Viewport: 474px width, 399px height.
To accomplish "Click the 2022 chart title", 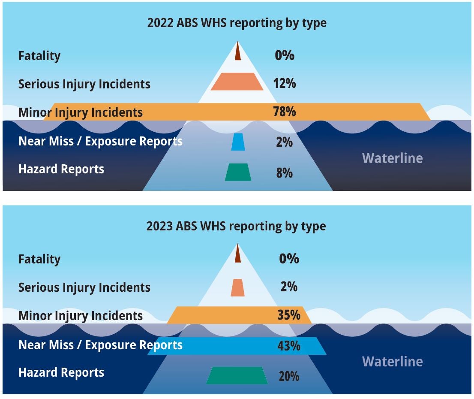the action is [x=237, y=23].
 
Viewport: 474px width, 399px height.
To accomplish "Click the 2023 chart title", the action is [x=236, y=227].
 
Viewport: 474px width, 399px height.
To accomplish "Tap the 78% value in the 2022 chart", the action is [x=285, y=112].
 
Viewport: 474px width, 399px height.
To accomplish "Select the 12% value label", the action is [x=285, y=83].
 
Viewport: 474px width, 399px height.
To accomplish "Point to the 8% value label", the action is [x=285, y=173].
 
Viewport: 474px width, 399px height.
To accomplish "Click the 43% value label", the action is [x=289, y=346].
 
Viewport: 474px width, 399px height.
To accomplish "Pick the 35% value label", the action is [x=289, y=315].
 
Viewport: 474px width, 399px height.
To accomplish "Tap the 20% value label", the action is [x=289, y=376].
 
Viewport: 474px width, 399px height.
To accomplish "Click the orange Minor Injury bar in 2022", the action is [x=237, y=112].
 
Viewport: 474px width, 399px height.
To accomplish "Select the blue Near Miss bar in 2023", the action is [x=237, y=346].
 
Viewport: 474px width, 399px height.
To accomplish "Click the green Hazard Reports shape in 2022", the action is [x=238, y=172].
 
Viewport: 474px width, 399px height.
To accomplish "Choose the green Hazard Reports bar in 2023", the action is [x=237, y=375].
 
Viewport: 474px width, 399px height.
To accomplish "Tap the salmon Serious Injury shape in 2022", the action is [x=237, y=82].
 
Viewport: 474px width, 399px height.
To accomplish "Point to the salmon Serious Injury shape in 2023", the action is [x=237, y=287].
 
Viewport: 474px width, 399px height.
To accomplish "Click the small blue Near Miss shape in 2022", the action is [x=238, y=142].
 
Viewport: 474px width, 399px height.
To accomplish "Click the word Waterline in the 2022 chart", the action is [x=393, y=158].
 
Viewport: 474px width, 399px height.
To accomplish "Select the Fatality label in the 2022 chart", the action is [x=39, y=56].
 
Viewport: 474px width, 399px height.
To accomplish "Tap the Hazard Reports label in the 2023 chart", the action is [x=61, y=373].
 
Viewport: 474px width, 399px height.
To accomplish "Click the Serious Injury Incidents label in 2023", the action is [x=84, y=287].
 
